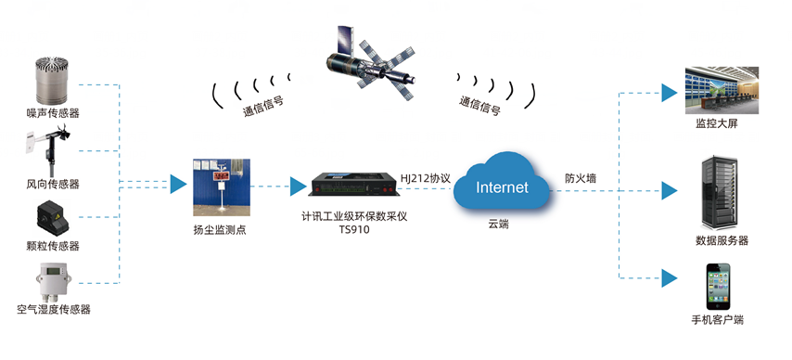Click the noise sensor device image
click(x=53, y=82)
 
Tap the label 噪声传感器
click(x=53, y=113)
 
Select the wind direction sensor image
click(x=50, y=145)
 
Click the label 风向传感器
click(x=53, y=183)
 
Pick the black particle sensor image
click(x=53, y=217)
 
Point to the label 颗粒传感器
click(x=53, y=246)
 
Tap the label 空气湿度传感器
click(x=54, y=309)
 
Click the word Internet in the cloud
click(x=502, y=188)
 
